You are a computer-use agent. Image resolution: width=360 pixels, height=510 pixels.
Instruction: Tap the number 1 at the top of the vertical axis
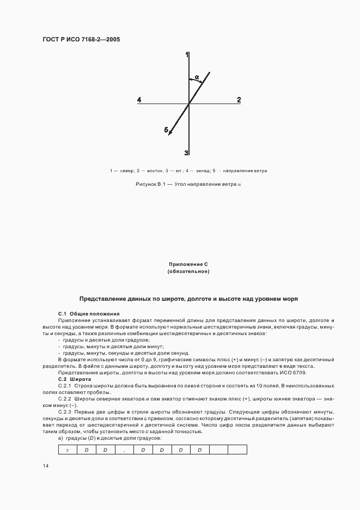pos(187,55)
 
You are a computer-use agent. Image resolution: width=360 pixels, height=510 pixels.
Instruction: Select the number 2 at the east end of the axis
pos(239,100)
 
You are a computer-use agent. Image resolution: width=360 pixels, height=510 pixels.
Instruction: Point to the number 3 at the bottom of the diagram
pos(186,153)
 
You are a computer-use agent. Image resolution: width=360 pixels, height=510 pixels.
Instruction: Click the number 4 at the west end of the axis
pos(139,100)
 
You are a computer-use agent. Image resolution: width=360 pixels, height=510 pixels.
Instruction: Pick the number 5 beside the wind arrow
pos(166,130)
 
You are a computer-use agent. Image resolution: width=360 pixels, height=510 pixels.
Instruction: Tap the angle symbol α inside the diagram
pos(197,77)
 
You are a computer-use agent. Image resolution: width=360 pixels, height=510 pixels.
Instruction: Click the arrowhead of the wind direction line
pos(170,132)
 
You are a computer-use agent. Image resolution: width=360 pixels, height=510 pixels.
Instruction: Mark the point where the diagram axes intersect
pos(188,103)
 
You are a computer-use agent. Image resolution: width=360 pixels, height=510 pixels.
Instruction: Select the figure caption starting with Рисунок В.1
pos(188,185)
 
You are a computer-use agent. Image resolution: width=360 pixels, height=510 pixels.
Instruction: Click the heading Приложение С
pos(188,264)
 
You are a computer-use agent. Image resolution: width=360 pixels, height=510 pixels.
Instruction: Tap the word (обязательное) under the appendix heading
pos(188,271)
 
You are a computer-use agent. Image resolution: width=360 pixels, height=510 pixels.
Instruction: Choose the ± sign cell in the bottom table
pos(67,450)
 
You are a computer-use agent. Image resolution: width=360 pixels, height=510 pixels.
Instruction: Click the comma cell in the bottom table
pos(124,450)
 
